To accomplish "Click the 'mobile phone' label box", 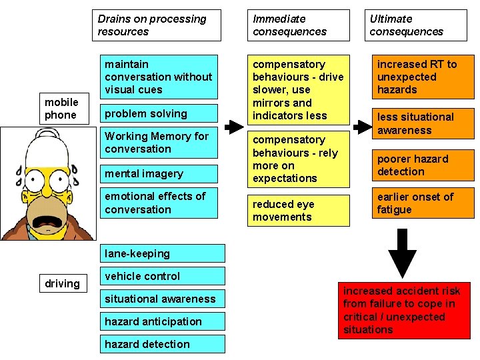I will coord(61,109).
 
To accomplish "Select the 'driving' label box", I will coord(62,284).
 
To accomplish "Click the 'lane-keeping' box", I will coord(163,254).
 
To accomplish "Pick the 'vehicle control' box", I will coord(163,277).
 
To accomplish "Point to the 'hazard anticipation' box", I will coord(163,322).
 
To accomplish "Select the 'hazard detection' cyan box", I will coord(163,345).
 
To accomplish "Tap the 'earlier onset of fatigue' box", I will coord(422,203).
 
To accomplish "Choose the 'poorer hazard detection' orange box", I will coord(422,165).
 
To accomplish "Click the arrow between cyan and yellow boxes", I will coord(233,127).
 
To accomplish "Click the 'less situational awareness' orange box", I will coord(422,124).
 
